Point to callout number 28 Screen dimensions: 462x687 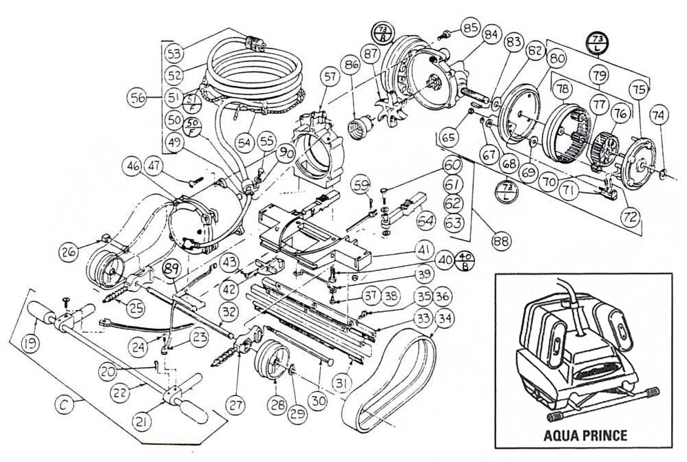point(277,405)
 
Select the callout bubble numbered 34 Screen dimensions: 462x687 point(445,318)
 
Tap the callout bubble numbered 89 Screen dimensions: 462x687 point(171,269)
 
